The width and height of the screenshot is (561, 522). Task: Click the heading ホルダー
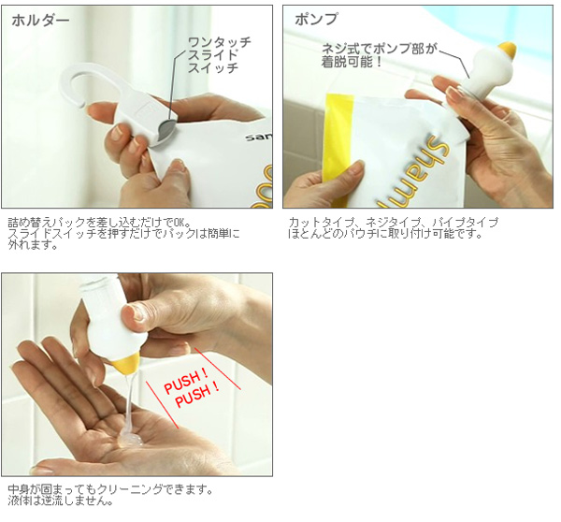point(40,21)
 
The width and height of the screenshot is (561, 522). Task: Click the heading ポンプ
point(316,19)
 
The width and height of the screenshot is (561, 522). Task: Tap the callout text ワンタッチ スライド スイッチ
point(219,55)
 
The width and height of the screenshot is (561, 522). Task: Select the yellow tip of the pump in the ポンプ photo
point(508,51)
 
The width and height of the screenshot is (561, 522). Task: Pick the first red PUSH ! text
point(186,382)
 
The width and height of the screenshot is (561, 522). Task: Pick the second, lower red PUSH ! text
point(197,395)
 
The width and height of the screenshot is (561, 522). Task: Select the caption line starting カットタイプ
point(394,222)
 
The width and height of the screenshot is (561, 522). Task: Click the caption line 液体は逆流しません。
point(60,500)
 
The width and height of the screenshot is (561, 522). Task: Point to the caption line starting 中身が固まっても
point(109,488)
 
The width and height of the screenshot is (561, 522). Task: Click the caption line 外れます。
point(33,246)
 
